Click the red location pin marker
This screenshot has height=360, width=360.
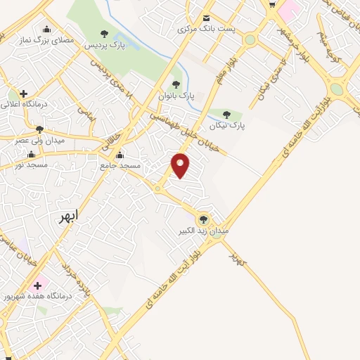(x=181, y=165)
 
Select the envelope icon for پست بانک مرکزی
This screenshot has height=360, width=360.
(x=206, y=18)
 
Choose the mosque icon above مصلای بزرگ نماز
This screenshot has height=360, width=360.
(x=46, y=30)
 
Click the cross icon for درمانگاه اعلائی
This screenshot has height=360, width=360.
(x=23, y=93)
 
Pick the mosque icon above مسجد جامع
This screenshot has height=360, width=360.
(x=120, y=155)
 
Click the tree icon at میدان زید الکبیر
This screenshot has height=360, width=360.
(x=204, y=219)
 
